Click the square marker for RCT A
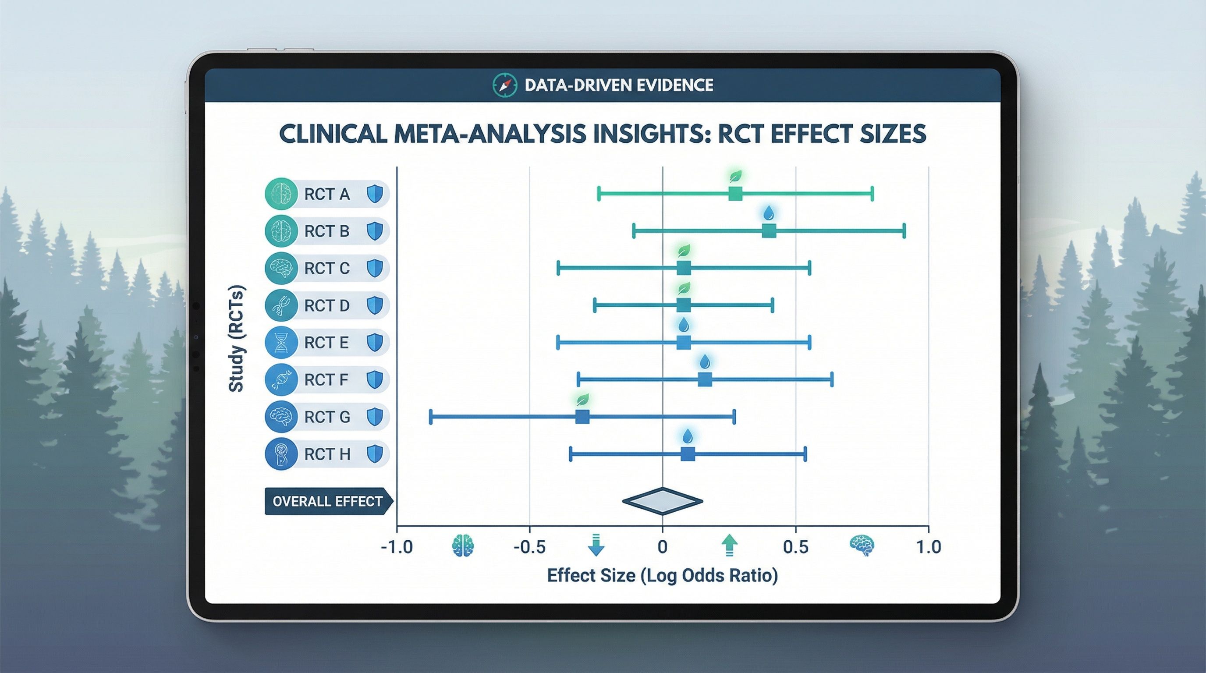[735, 193]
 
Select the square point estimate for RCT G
[582, 417]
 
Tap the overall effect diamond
[663, 501]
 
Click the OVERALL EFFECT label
[327, 501]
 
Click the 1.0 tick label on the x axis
[928, 547]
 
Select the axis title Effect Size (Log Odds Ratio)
[662, 575]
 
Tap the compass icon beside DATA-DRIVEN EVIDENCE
[505, 85]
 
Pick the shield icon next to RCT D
[375, 305]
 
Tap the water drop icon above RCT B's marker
[769, 213]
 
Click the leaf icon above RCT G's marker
[582, 399]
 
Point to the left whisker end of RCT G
[431, 417]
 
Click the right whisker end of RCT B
[904, 231]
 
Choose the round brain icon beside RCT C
[281, 268]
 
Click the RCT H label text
[327, 454]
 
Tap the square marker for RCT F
[705, 379]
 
